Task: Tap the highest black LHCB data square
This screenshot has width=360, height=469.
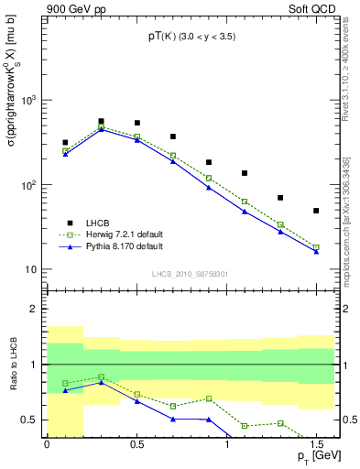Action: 101,121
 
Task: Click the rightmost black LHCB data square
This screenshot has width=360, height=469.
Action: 316,211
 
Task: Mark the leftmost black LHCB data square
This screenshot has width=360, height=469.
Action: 65,143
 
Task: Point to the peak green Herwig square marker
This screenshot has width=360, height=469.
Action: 101,127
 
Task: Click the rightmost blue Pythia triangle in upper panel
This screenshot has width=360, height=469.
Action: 316,251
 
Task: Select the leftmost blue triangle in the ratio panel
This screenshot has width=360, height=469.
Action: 65,390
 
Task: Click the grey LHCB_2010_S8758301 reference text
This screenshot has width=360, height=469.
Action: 190,274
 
